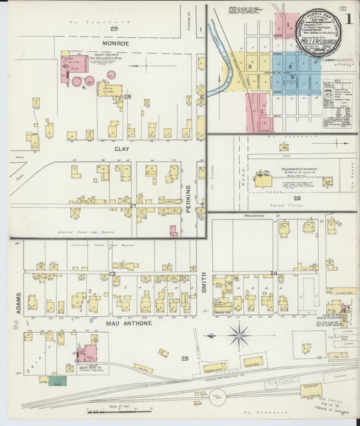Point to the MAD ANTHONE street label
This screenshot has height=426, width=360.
tap(128, 323)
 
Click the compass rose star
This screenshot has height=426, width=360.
tap(238, 334)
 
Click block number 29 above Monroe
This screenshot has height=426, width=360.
tap(114, 29)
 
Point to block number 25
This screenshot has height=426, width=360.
tap(184, 358)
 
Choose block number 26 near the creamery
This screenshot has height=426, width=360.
tap(297, 198)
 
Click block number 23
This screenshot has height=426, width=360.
tap(113, 273)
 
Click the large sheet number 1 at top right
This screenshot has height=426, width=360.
tap(349, 18)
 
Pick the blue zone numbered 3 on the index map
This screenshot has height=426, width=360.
tap(290, 67)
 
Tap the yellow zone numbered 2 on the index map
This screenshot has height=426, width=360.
tap(250, 67)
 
